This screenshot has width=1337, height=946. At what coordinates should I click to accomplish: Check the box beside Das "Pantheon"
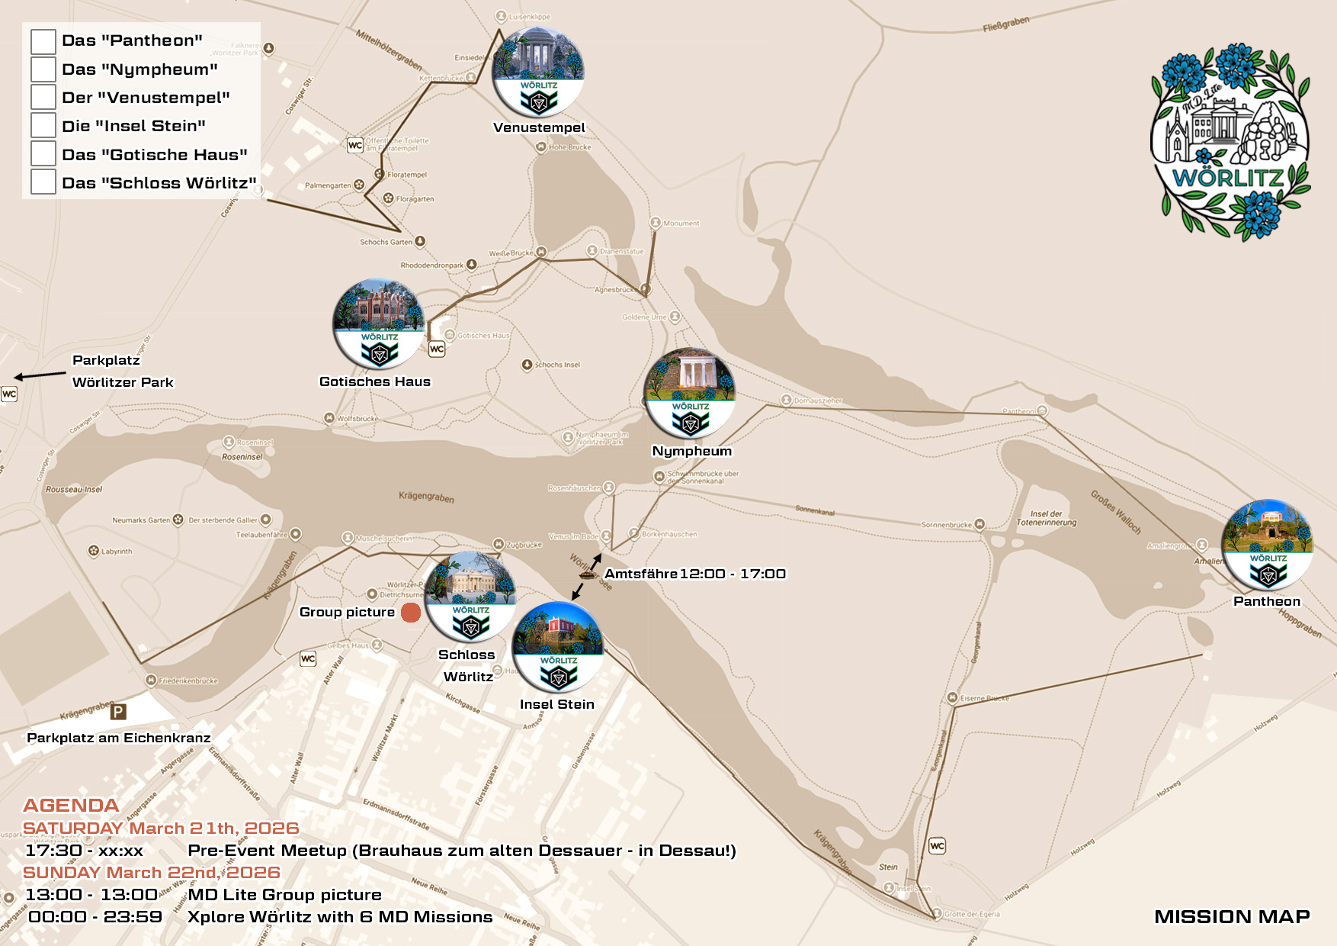point(43,41)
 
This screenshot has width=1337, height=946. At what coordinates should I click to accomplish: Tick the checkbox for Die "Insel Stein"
point(43,126)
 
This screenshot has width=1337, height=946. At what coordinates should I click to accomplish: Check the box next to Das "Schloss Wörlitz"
point(43,182)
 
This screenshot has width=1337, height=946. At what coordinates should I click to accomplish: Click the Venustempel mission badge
point(539,73)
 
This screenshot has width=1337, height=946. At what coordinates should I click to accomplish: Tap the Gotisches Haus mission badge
point(379,323)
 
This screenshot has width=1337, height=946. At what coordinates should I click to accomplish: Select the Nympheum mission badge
point(690,394)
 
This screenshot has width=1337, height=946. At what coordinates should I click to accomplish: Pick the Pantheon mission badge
point(1267,545)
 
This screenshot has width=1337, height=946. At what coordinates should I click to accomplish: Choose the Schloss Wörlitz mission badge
point(470,597)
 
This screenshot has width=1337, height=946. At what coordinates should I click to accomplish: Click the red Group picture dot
point(411,613)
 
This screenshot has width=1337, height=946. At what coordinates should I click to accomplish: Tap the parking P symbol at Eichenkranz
point(118,713)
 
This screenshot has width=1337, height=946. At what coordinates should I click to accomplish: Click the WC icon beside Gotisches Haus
point(437,349)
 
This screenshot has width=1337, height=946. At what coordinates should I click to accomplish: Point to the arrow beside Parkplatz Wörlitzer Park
point(40,375)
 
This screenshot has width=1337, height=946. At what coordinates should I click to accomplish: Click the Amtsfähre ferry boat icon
point(587,574)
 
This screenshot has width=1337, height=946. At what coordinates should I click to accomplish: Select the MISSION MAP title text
point(1232,916)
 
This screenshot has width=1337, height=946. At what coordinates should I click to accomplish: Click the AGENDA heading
point(71,806)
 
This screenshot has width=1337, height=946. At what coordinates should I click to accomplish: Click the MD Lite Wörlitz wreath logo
point(1230,140)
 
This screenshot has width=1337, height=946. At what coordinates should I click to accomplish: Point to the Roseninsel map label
point(242,457)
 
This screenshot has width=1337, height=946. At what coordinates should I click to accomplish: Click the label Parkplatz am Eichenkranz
point(119,738)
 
